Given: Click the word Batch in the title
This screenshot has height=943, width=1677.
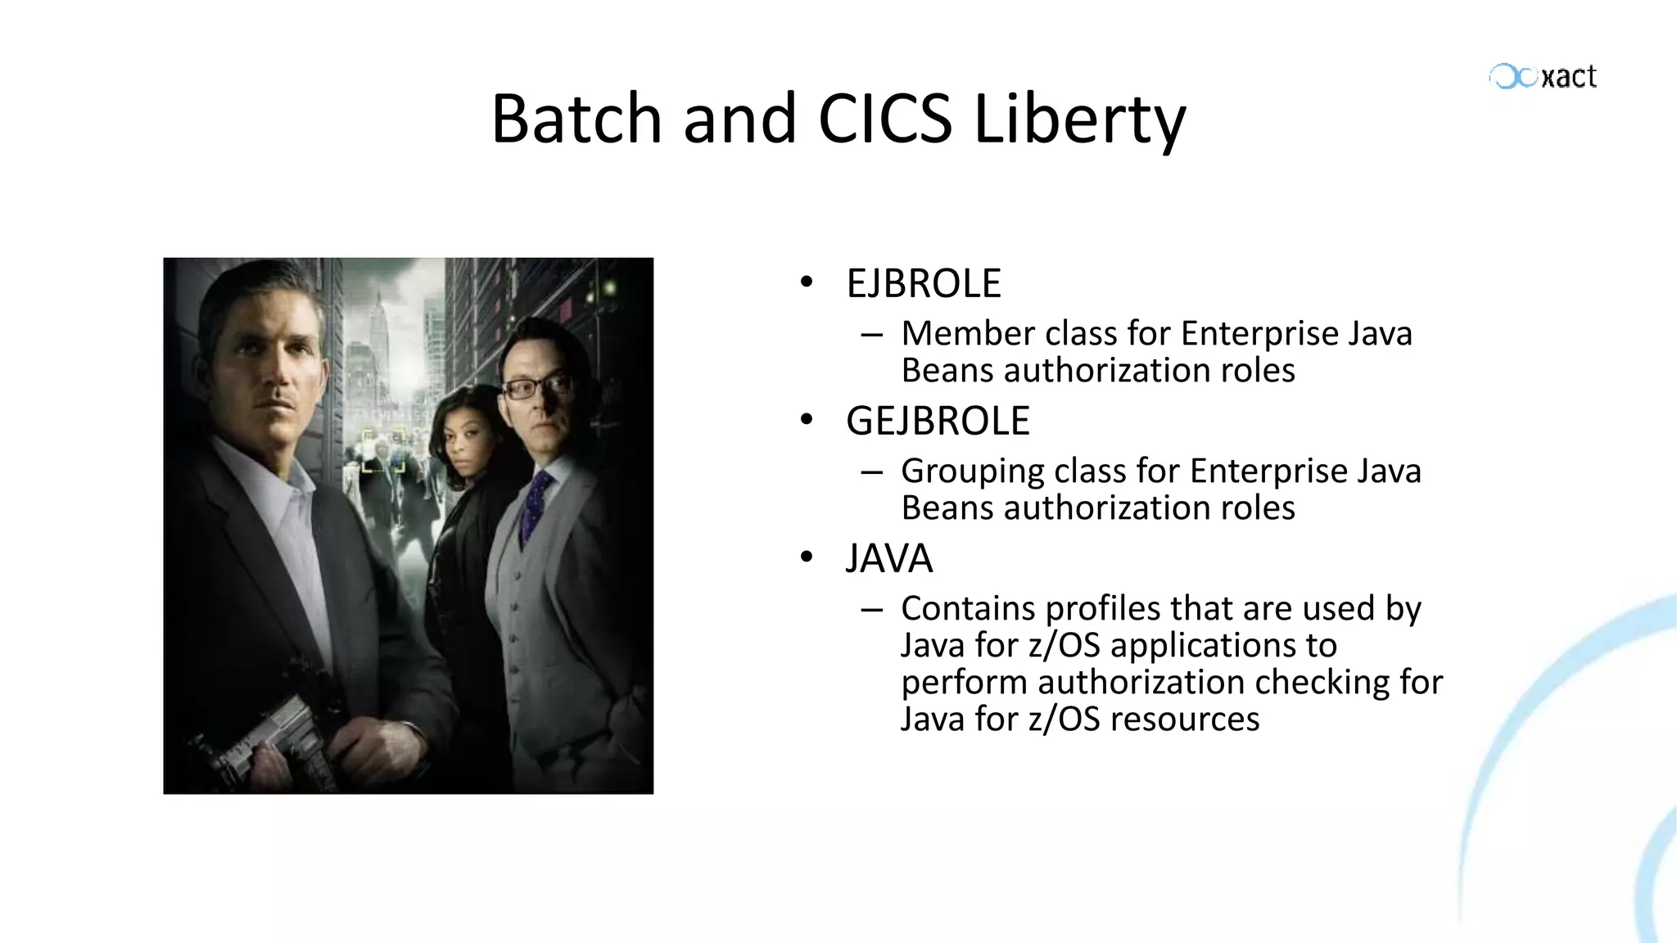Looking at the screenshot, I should click(x=576, y=119).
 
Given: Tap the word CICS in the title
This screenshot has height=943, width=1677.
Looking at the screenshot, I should click(x=885, y=119).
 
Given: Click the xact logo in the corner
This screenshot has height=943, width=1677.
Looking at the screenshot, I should click(x=1544, y=77).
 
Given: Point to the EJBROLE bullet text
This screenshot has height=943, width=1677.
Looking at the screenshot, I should click(x=923, y=284).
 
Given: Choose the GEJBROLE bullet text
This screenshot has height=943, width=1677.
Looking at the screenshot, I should click(x=937, y=422).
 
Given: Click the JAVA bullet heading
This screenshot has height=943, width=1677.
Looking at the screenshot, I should click(x=888, y=559).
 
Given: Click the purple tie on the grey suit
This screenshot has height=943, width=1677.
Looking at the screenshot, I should click(x=536, y=503).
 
